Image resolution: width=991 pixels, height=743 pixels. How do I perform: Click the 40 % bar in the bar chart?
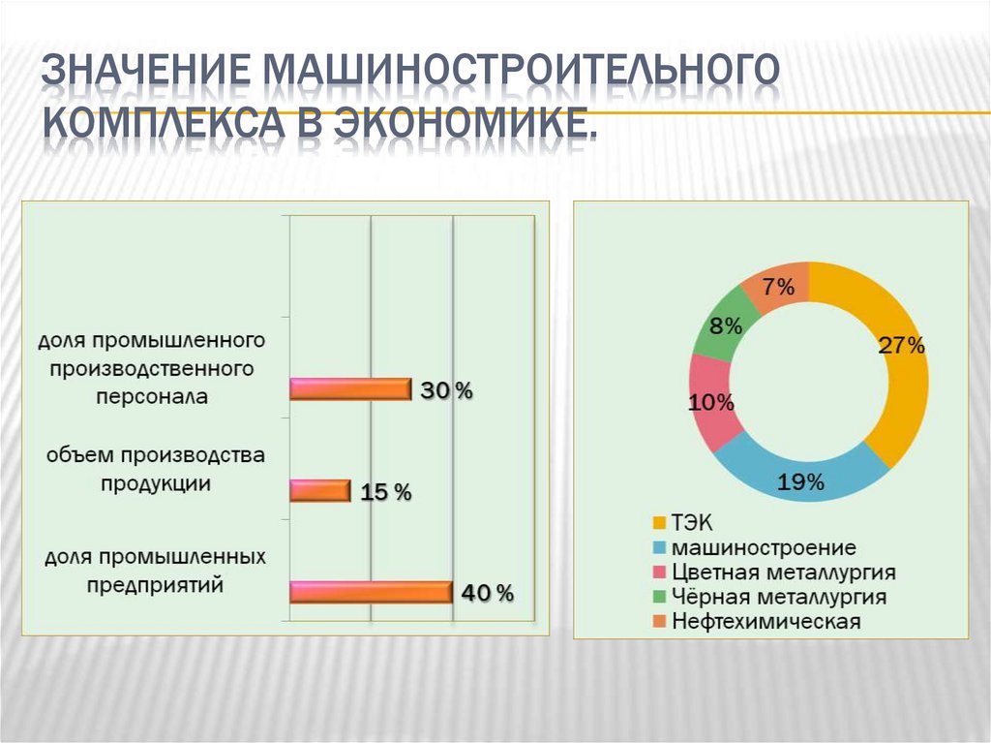coord(371,592)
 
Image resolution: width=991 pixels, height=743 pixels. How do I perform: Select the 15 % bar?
coord(319,491)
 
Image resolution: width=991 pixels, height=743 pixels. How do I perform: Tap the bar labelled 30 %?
coord(350,389)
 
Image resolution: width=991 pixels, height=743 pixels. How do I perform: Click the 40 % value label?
coord(488,593)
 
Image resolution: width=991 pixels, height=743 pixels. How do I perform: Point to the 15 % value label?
coord(386,492)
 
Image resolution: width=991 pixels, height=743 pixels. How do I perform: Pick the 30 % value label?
coord(446,390)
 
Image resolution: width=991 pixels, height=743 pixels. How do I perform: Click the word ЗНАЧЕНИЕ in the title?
coord(146,74)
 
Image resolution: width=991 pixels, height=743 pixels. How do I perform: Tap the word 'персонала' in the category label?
coord(151,396)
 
